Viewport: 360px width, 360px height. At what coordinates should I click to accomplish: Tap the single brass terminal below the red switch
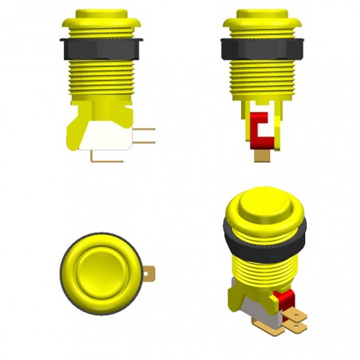260,156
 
